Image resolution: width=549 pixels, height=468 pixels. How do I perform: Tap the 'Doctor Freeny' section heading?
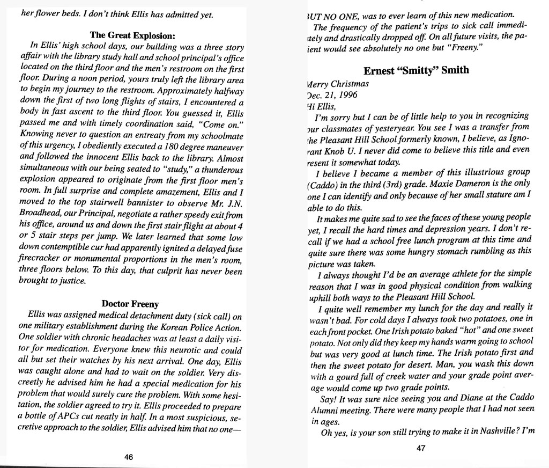click(130, 304)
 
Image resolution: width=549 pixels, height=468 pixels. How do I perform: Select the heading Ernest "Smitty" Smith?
click(416, 70)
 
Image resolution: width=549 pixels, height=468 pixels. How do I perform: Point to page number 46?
click(129, 456)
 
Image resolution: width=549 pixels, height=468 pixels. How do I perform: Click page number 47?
click(420, 450)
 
